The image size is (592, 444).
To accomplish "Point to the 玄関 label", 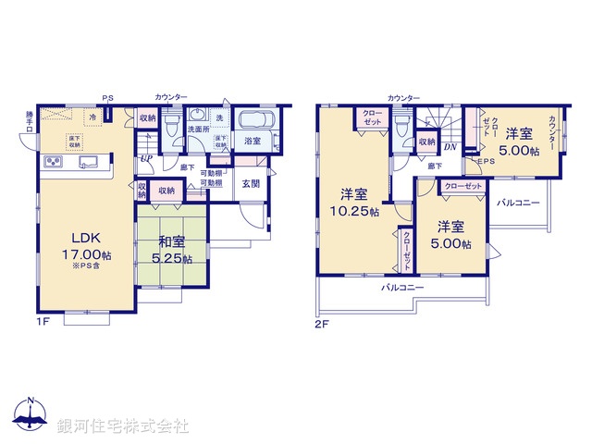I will click(x=252, y=184).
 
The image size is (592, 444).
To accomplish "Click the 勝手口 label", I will click(x=30, y=122).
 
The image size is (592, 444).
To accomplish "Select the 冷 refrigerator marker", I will click(x=92, y=118).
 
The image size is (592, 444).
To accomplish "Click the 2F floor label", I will click(x=321, y=324).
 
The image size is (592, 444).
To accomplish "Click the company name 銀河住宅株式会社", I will click(x=122, y=426).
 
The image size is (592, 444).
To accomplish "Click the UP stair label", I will click(x=146, y=158).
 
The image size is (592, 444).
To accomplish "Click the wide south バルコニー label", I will click(x=402, y=289).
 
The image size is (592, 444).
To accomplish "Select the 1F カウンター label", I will click(x=172, y=97).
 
